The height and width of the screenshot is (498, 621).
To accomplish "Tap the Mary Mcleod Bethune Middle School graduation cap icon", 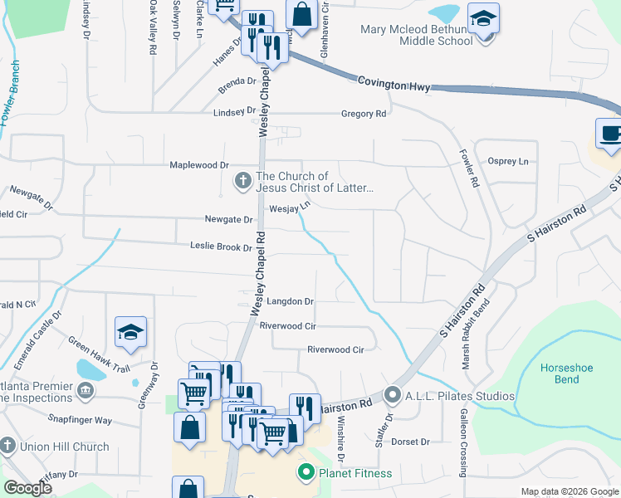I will [x=482, y=18].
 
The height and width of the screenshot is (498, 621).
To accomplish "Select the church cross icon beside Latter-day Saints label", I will [x=242, y=180].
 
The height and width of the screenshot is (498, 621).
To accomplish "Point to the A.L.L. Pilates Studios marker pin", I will [x=394, y=395].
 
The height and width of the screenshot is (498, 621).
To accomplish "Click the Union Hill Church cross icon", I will [x=7, y=447].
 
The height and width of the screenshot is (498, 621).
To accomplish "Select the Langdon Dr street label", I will [x=289, y=301].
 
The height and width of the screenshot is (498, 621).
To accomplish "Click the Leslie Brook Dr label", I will [x=221, y=247].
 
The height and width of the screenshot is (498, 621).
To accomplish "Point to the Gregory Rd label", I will [x=364, y=114].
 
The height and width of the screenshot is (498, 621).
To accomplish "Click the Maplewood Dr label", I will [x=199, y=165].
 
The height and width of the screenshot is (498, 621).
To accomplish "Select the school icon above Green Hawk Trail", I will [x=131, y=333].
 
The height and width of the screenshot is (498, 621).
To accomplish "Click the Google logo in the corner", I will [x=28, y=488].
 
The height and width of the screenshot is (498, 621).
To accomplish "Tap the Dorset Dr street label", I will [x=410, y=442].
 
